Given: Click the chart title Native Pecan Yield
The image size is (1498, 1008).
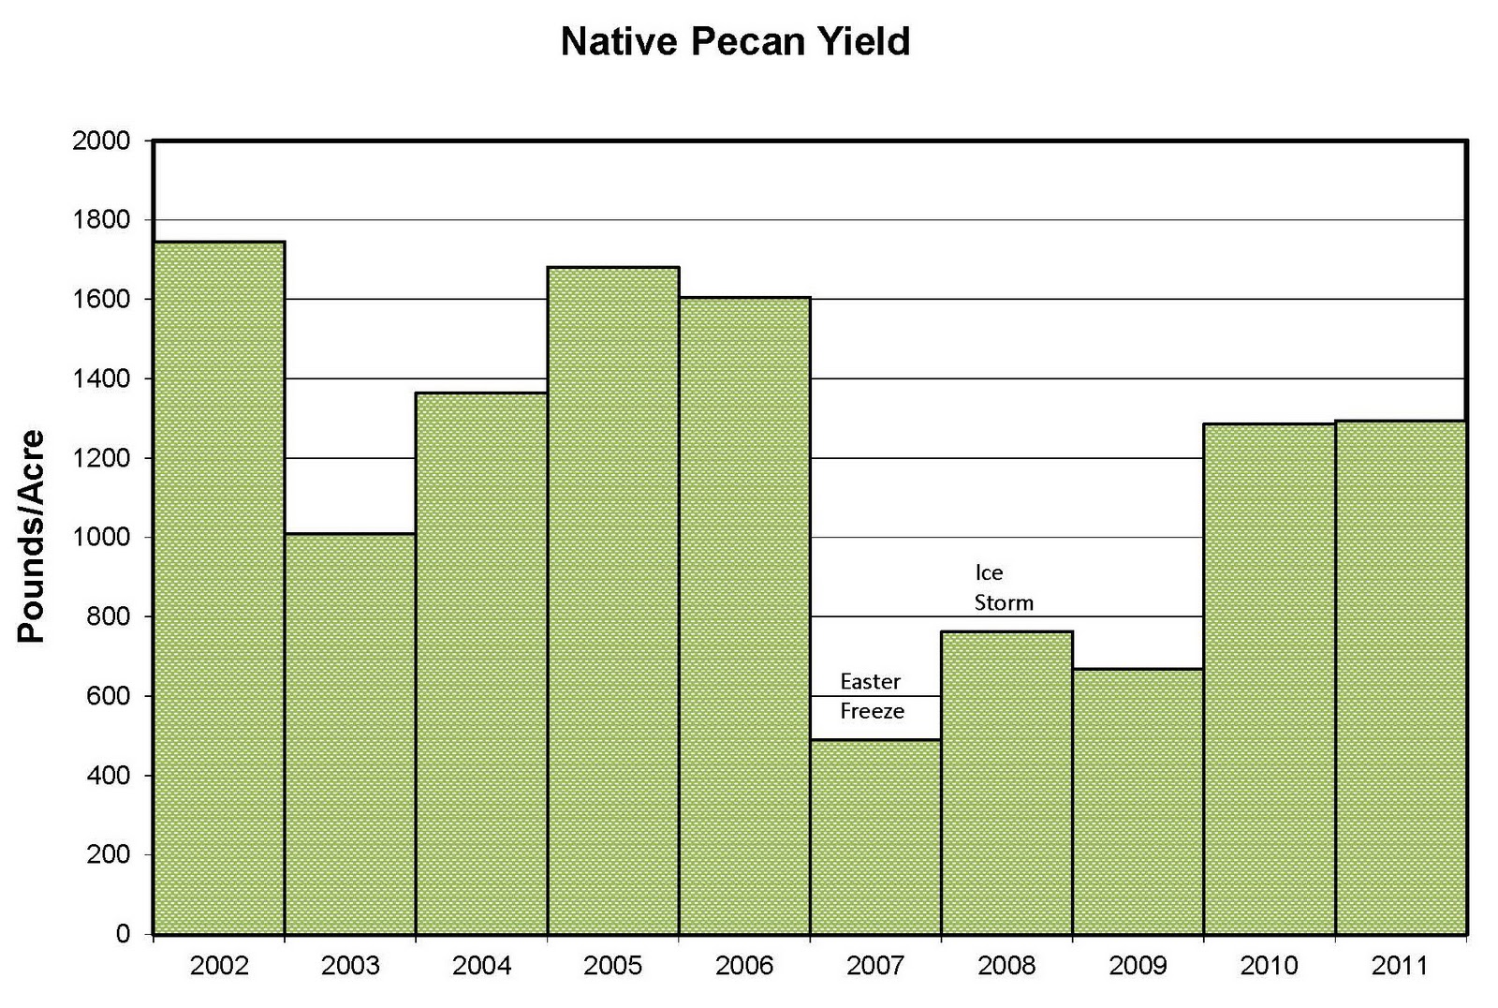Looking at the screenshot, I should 735,43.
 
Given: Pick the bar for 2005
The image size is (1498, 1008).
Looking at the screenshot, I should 613,600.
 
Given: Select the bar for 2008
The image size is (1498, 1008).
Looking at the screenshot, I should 1006,782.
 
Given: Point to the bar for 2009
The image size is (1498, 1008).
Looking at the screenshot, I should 1138,801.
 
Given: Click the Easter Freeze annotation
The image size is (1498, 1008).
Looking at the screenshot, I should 872,696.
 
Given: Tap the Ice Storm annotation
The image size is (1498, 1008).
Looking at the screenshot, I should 1003,587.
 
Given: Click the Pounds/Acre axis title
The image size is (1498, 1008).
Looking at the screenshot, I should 32,536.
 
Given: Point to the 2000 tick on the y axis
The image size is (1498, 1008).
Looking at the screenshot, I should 100,141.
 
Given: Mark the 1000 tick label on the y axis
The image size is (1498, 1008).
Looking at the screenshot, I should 100,538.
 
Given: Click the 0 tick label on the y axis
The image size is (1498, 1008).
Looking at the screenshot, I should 123,935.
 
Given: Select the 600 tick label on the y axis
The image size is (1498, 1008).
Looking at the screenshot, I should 110,697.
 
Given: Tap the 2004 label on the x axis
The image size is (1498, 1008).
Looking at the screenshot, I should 481,966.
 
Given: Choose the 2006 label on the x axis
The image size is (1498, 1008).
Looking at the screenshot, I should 744,966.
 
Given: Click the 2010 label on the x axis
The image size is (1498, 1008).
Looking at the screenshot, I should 1269,966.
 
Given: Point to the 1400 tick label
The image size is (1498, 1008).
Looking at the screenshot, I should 100,379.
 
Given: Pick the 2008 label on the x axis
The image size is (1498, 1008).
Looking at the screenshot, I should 1006,966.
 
